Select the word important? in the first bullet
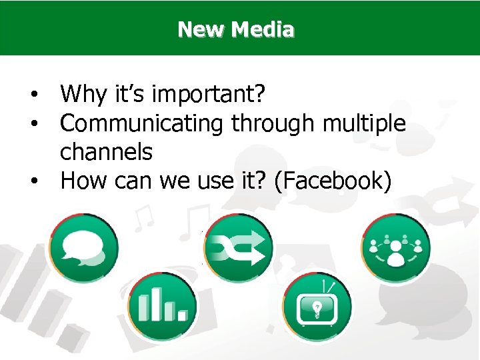click(x=210, y=95)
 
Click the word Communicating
click(x=141, y=124)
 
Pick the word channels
click(x=106, y=152)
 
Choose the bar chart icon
click(x=162, y=307)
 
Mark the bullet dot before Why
click(x=32, y=96)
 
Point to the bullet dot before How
click(x=32, y=181)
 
